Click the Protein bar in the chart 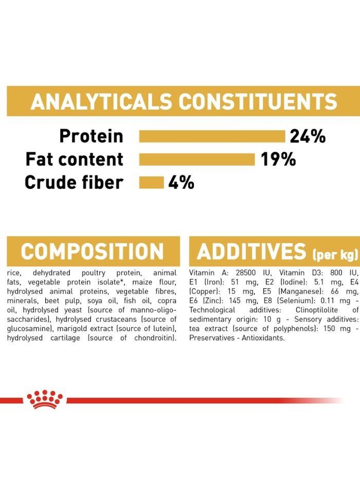(x=212, y=136)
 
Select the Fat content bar (x=197, y=160)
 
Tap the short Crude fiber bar (x=151, y=183)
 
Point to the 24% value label (x=308, y=136)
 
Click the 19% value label (x=278, y=160)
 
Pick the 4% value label (x=181, y=183)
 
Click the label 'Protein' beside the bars (x=91, y=136)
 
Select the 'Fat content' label (x=75, y=160)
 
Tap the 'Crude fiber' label (x=74, y=183)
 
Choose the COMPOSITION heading (x=93, y=252)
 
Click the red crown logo (x=45, y=399)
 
